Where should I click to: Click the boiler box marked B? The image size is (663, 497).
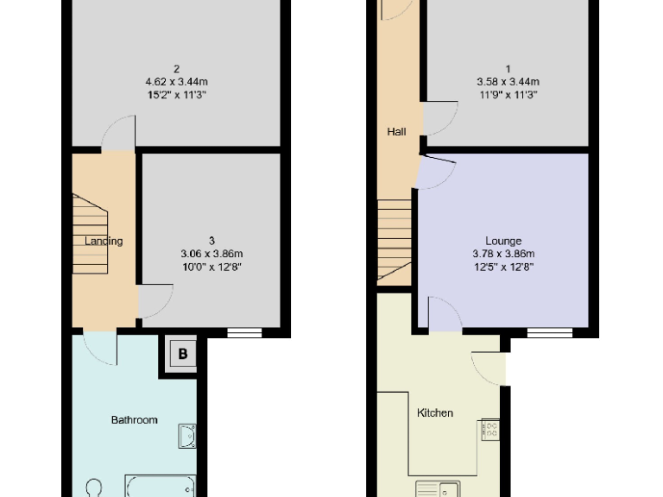(182, 352)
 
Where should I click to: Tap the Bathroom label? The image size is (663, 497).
(134, 420)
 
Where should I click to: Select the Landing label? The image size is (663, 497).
(104, 241)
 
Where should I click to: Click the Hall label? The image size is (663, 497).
(396, 132)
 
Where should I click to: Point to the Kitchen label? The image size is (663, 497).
(435, 412)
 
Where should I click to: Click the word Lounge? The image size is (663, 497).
(503, 241)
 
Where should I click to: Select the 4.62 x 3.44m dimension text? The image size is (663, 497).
(176, 82)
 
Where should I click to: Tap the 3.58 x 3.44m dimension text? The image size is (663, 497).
(508, 82)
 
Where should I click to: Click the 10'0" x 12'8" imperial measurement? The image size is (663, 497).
(212, 267)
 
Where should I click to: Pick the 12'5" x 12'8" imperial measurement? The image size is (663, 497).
(503, 267)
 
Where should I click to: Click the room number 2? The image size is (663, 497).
(176, 69)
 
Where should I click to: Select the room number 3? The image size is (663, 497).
(212, 241)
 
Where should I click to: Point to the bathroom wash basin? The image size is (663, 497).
(187, 436)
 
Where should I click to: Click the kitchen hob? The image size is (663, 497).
(490, 430)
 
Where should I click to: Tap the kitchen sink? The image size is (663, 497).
(437, 489)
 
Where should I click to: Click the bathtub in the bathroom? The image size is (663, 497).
(162, 488)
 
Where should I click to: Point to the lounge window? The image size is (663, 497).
(550, 331)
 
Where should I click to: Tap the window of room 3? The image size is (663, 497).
(244, 331)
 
